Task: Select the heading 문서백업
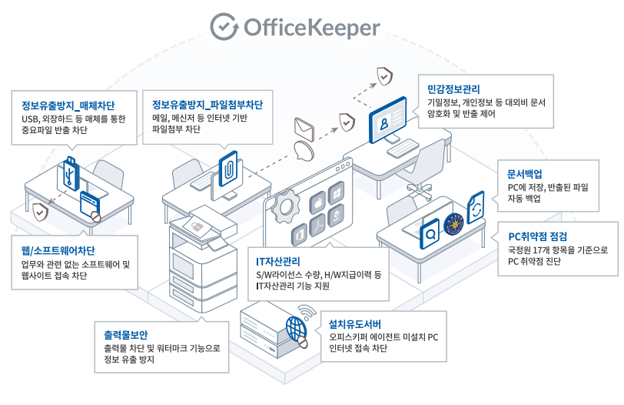[525, 173]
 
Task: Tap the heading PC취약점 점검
[541, 236]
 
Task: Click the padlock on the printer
[197, 225]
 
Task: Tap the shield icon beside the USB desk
[39, 210]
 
